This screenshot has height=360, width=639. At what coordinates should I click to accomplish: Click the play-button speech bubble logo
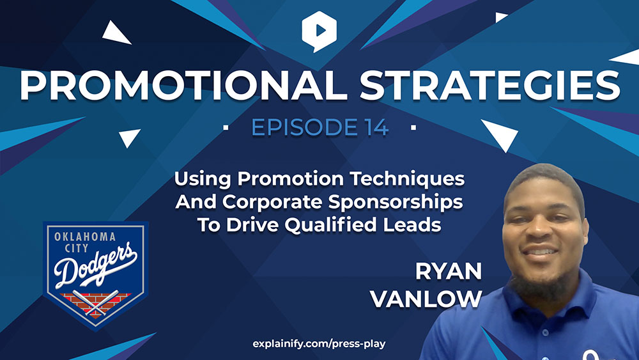319,31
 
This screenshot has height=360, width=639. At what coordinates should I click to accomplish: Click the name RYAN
449,272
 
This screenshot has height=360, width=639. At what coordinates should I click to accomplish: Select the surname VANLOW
426,299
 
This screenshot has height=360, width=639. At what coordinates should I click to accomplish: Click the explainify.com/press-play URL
319,344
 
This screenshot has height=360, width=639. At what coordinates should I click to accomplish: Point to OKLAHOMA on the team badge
85,237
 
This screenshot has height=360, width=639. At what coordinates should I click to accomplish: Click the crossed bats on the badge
95,303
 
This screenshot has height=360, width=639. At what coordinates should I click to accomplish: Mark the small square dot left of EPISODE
226,128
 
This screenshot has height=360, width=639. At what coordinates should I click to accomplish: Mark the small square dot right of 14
413,128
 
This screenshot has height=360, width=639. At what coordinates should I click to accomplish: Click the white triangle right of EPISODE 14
500,134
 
